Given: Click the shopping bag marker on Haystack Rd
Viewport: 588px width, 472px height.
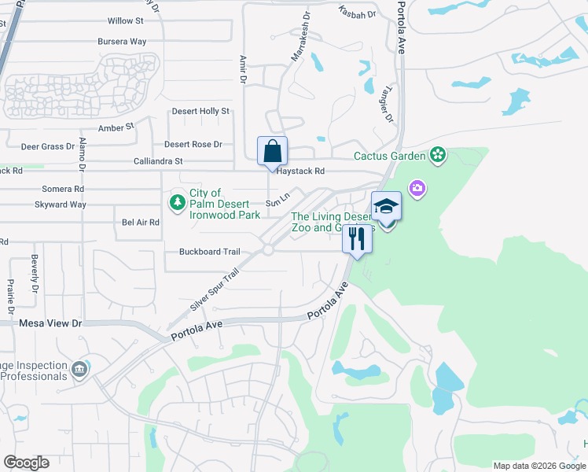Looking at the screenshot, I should point(272,151).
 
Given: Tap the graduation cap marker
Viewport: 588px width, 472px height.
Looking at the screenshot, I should point(386,206).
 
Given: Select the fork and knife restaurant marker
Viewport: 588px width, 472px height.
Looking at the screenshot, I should point(357,238).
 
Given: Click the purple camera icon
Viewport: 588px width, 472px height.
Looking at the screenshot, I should point(416,188).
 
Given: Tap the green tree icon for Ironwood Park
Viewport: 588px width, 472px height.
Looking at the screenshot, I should point(178,204).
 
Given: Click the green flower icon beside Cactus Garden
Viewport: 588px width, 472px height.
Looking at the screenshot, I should point(438,155).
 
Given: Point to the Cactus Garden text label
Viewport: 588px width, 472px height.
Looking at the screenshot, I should point(389,156).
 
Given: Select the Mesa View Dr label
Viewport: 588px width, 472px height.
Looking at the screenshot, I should point(50,323).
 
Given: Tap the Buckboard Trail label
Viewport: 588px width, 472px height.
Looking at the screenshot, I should point(209,252).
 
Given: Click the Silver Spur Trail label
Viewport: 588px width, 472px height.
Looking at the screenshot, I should point(214,289).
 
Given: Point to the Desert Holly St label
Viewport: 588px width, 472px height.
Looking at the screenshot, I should point(200,112).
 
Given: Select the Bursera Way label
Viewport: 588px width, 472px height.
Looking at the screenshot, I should point(122,41).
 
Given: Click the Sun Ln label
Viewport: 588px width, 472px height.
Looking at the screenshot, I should point(273,203).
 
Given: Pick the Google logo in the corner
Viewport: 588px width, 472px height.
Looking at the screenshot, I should point(26,463).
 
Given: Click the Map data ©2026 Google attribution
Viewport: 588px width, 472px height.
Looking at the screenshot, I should point(539,466).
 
